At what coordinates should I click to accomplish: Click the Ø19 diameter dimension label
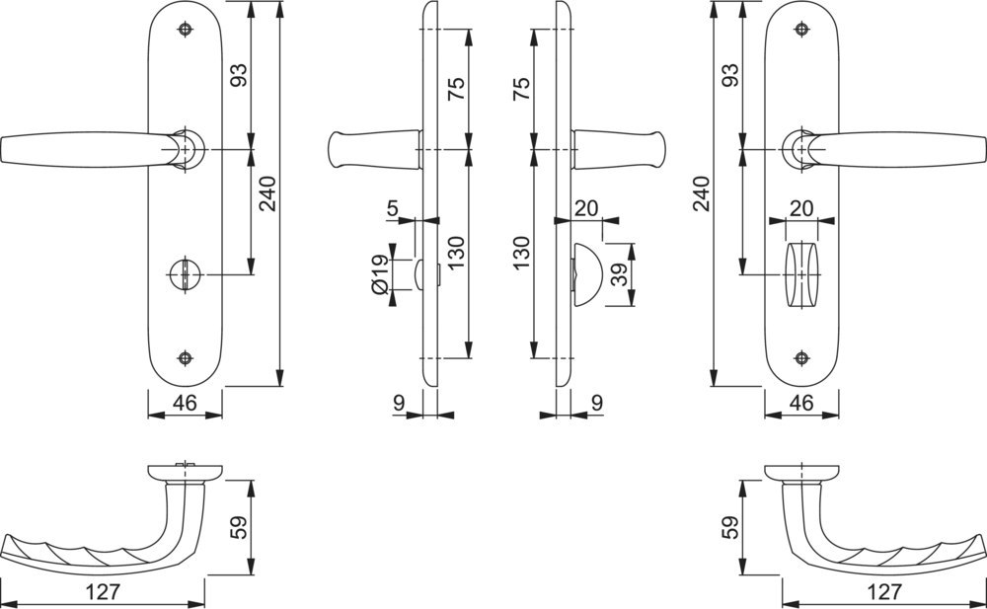coord(380,274)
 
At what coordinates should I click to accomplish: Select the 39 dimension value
coord(620,274)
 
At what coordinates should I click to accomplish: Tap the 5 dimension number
coord(393,208)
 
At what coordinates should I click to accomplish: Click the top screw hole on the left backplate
coord(185,29)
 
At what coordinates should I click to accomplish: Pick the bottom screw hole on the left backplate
coord(185,357)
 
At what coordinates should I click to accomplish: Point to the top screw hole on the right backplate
coord(801,29)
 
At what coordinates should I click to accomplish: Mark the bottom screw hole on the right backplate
coord(801,357)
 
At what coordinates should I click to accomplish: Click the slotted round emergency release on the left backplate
coord(185,274)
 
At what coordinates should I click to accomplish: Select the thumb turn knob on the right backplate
coord(801,274)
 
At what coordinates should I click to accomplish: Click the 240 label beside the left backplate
coord(267,194)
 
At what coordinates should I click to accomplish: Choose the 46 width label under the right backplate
coord(801,402)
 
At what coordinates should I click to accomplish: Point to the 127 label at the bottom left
coord(103,592)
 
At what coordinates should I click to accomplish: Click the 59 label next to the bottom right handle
coord(730,528)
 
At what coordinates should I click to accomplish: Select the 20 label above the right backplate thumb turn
coord(801,208)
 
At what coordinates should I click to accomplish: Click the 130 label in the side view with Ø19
coord(456,253)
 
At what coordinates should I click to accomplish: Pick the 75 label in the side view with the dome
coord(521,89)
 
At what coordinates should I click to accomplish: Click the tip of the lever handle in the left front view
coord(2,150)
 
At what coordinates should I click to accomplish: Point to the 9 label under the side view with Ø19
coord(399,402)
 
